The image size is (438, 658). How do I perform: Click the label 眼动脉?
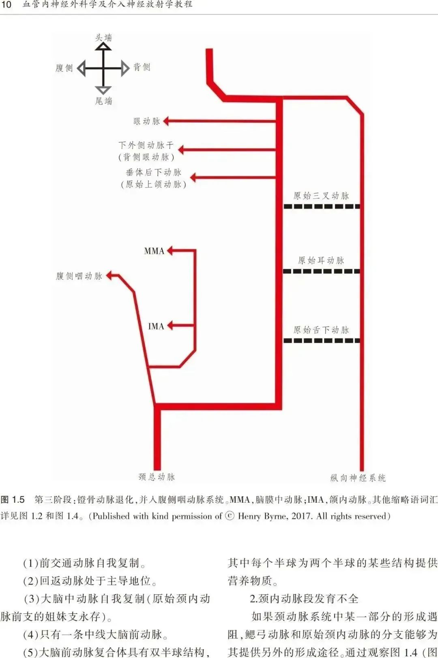(x=146, y=121)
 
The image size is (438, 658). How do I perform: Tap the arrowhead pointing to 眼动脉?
(x=166, y=121)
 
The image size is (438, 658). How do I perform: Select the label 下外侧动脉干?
(x=146, y=145)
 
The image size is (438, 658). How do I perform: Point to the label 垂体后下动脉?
(x=153, y=173)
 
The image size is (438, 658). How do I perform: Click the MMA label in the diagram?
(x=154, y=251)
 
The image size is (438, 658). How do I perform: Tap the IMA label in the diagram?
(x=156, y=326)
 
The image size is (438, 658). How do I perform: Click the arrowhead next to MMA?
(x=170, y=251)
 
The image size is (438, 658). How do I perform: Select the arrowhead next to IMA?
(x=170, y=325)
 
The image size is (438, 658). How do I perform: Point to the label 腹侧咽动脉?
(x=79, y=276)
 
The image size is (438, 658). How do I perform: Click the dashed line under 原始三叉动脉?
(x=321, y=206)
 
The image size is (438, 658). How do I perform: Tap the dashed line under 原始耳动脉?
(x=321, y=271)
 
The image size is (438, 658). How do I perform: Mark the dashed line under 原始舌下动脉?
(x=321, y=341)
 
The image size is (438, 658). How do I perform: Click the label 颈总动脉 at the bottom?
(x=157, y=477)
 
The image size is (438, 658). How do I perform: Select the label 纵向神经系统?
(x=358, y=478)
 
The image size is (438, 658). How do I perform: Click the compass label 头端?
(x=103, y=38)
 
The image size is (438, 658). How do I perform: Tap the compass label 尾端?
(x=103, y=101)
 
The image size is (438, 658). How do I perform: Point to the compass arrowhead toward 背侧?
(x=125, y=68)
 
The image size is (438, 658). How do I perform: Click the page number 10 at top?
(x=6, y=5)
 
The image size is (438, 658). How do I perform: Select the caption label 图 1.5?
(x=13, y=499)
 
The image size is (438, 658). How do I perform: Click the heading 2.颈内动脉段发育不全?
(x=304, y=598)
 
